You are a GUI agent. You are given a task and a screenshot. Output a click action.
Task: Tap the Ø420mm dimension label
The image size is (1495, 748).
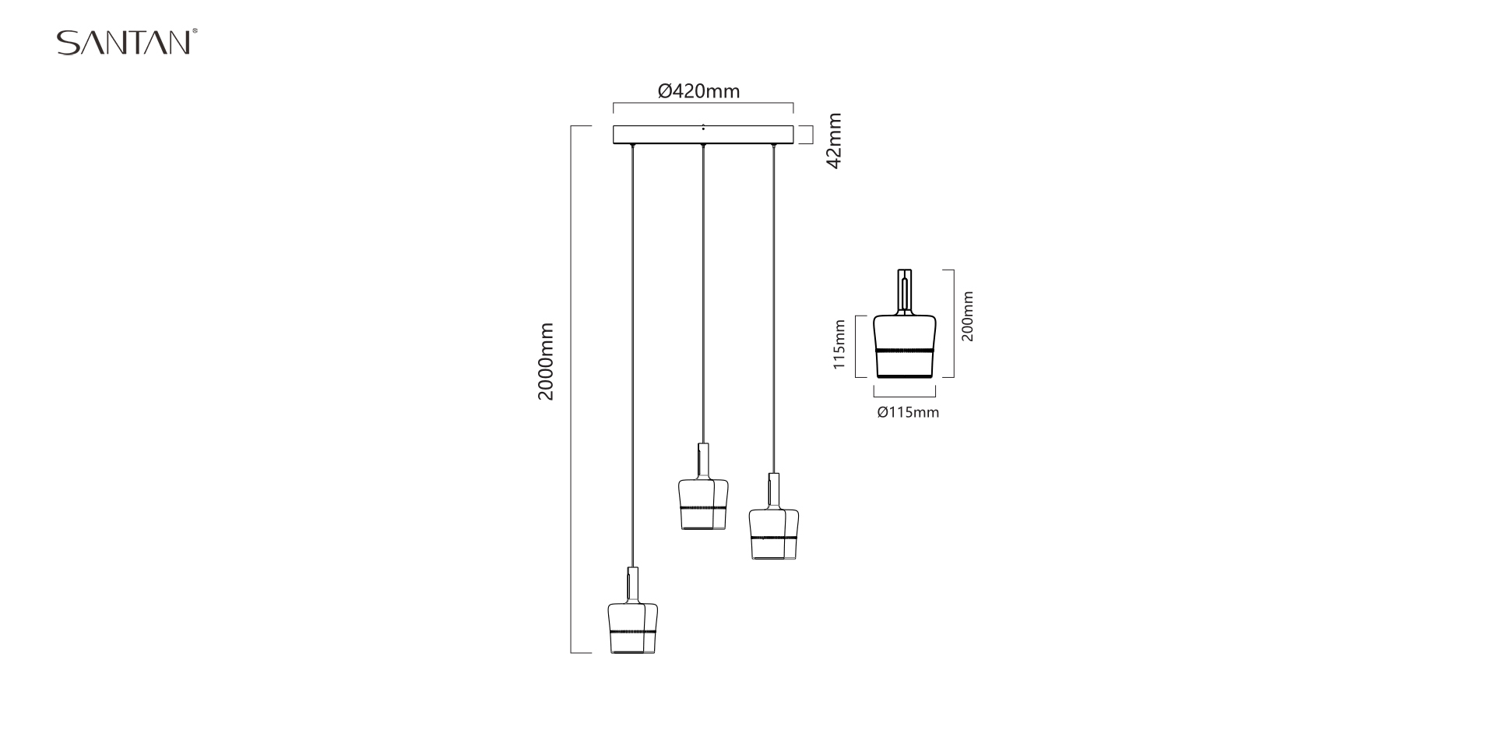(698, 91)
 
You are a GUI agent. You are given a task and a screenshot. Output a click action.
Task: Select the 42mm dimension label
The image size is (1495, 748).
(834, 141)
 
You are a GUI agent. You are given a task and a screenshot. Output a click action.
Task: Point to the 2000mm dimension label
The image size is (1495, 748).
(546, 362)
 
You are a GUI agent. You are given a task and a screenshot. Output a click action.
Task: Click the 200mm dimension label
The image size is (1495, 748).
(968, 316)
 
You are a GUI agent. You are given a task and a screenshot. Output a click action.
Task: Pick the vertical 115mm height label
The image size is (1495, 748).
(839, 345)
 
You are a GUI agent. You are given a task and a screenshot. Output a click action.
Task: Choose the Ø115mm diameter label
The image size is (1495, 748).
(908, 412)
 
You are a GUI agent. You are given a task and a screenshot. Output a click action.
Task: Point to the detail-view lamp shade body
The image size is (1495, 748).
(904, 335)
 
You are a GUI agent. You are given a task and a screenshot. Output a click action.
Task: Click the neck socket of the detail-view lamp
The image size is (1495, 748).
(904, 291)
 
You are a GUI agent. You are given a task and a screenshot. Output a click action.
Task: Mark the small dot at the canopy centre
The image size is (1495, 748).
(703, 126)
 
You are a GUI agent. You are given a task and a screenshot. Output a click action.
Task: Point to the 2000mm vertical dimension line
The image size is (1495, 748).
(572, 467)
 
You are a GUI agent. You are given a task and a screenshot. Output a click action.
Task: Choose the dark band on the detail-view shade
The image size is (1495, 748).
(904, 351)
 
